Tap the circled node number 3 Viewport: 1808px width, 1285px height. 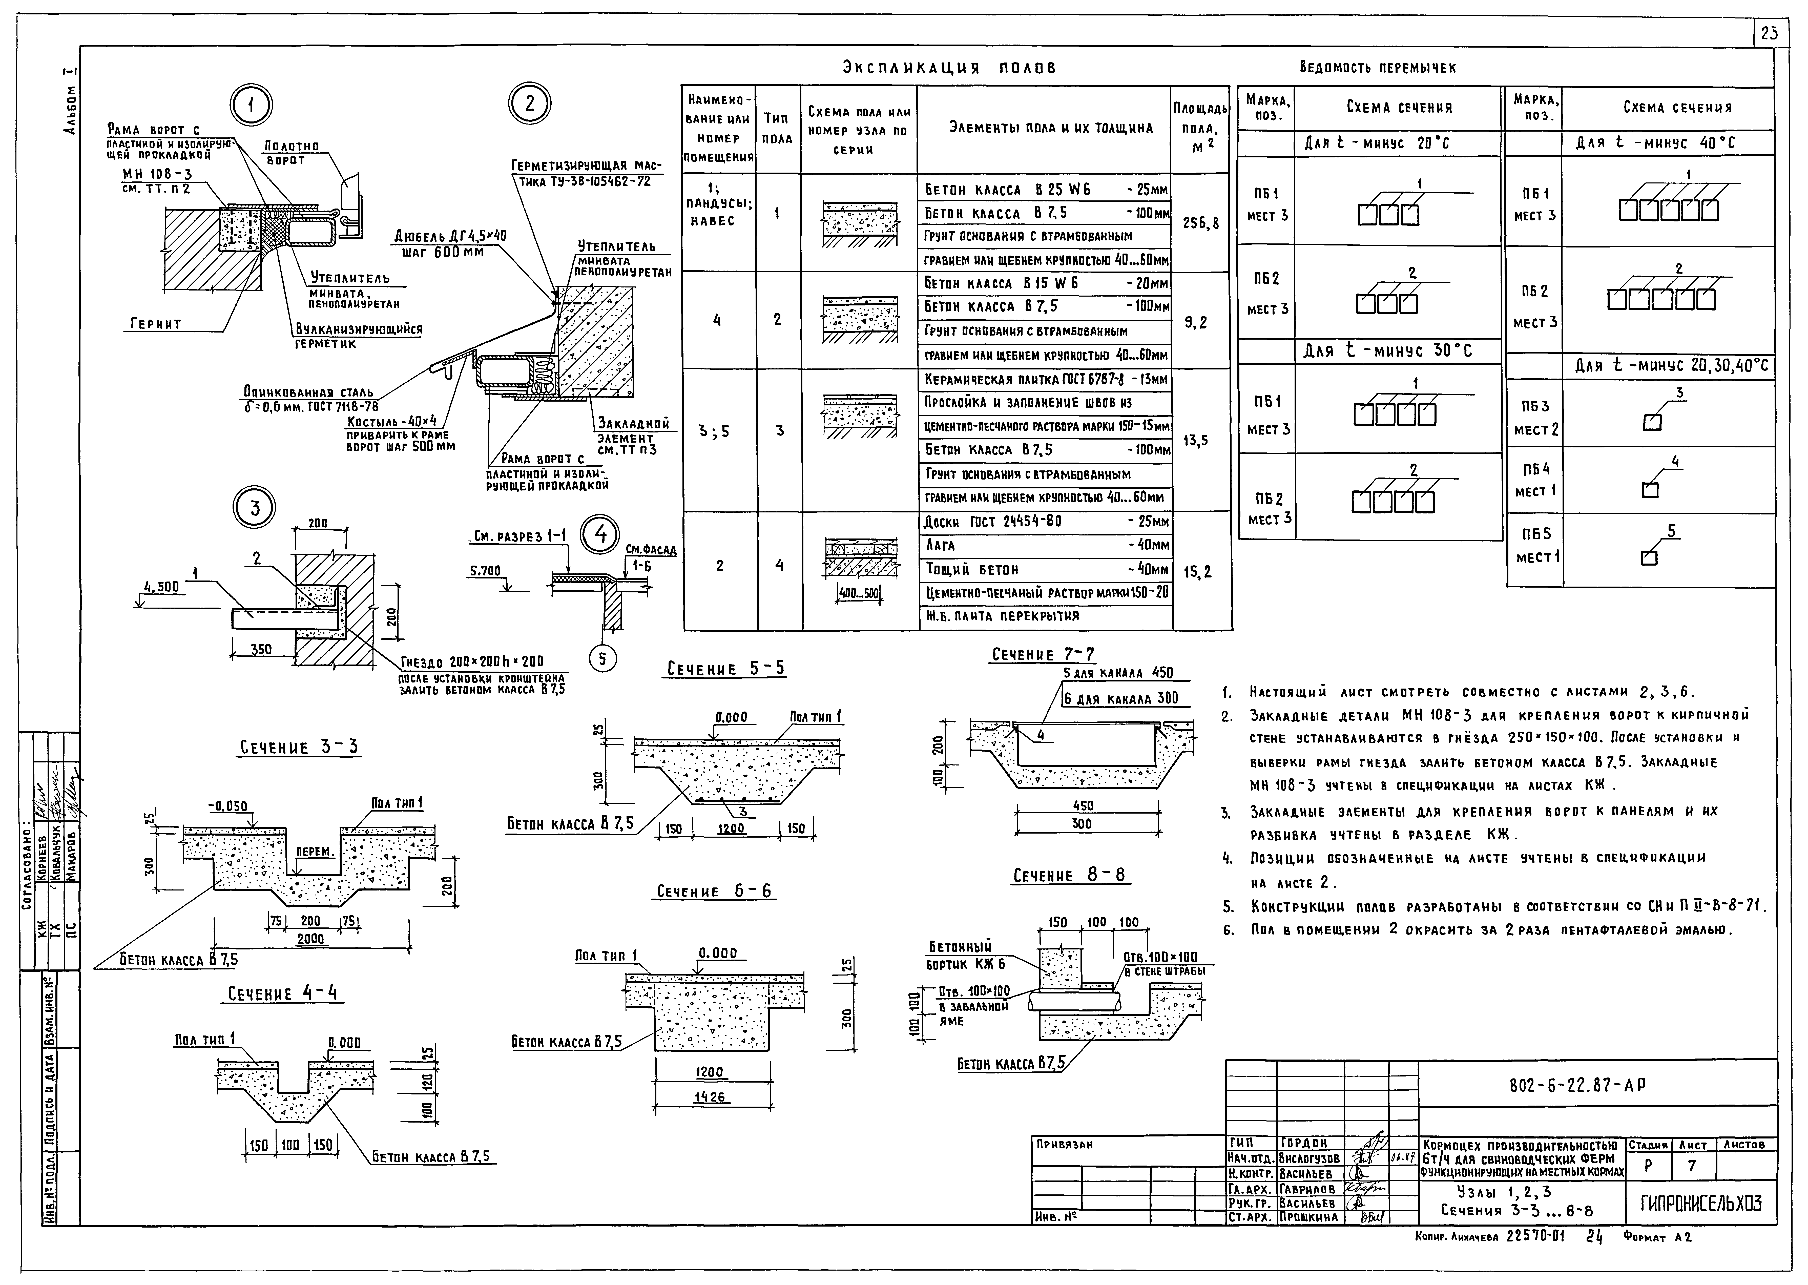tap(255, 508)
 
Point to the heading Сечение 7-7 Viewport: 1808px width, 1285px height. tap(1043, 654)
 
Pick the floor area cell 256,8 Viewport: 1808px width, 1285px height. tap(1200, 223)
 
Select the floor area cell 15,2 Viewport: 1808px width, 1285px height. tap(1200, 570)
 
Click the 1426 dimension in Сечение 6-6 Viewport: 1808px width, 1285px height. tap(711, 1097)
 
